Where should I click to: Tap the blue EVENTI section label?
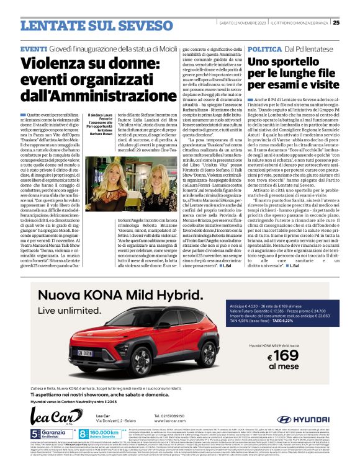(x=33, y=48)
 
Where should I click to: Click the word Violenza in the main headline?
(x=55, y=64)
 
